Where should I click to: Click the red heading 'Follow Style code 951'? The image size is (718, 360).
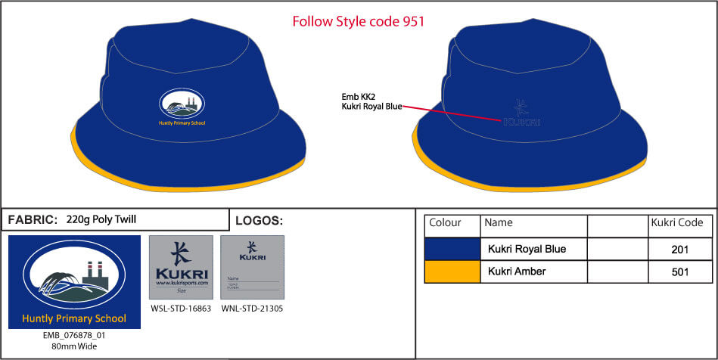click(358, 21)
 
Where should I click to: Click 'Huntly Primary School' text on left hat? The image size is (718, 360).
click(182, 123)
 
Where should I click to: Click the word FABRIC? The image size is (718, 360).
click(33, 220)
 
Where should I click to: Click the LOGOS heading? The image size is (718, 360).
click(259, 221)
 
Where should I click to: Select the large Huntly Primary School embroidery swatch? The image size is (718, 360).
click(74, 282)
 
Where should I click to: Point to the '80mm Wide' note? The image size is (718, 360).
click(74, 346)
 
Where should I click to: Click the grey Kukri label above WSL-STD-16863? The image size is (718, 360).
click(181, 269)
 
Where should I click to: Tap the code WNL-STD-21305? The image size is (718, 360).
click(252, 309)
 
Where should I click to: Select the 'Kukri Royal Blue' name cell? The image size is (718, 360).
click(527, 249)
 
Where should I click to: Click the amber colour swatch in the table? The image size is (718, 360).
click(452, 272)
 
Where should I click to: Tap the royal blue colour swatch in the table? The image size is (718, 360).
click(452, 249)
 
